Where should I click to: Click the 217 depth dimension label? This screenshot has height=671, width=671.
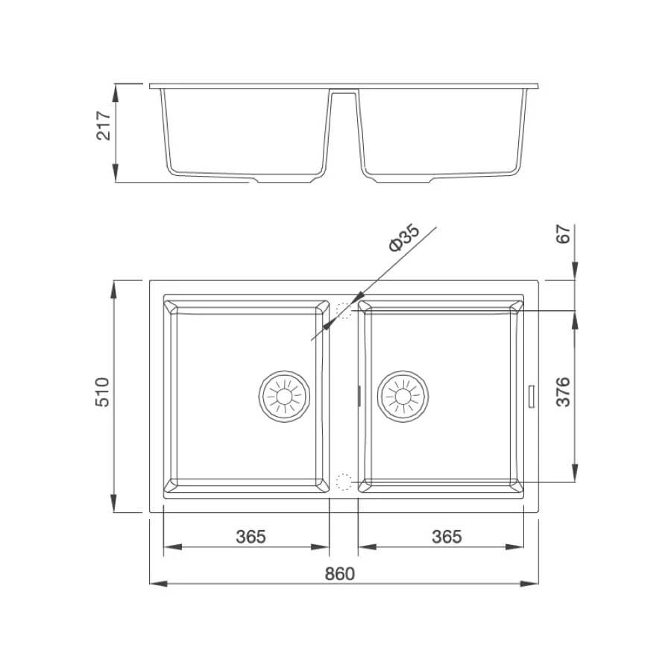[104, 126]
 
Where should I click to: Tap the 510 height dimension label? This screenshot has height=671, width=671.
[103, 392]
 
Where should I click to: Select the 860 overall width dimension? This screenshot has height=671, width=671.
[340, 573]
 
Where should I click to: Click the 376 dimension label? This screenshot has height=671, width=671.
[563, 391]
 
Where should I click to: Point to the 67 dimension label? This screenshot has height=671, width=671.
[563, 233]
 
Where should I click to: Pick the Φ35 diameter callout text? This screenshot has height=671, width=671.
[404, 237]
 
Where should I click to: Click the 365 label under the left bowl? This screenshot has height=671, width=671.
[251, 537]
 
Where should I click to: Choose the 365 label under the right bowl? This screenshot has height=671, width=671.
[447, 537]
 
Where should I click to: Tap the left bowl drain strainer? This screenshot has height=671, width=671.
[284, 397]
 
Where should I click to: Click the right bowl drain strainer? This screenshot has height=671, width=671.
[403, 397]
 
